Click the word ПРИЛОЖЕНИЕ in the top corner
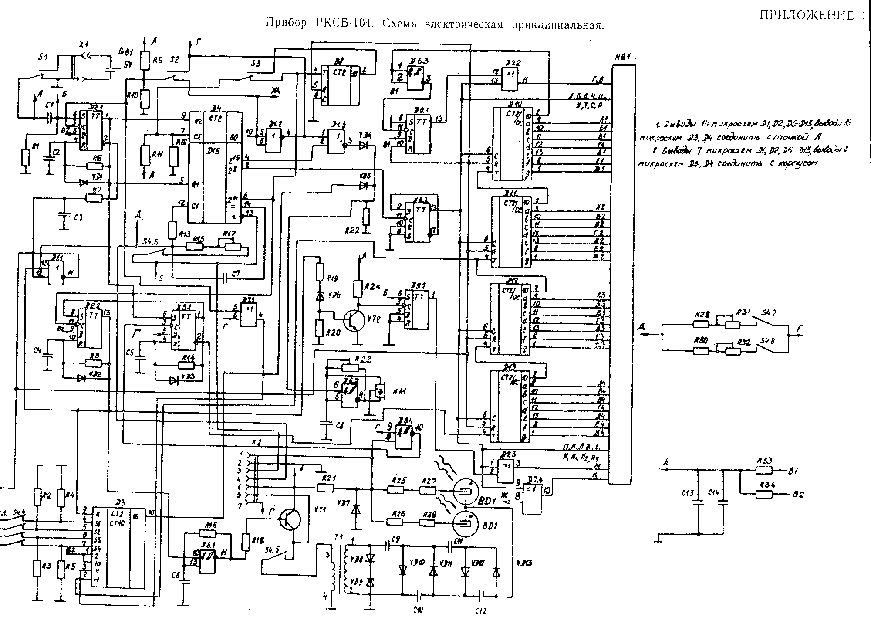[x=806, y=16]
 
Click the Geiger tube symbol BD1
[x=466, y=490]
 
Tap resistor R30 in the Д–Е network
[x=701, y=351]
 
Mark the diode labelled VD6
[x=320, y=296]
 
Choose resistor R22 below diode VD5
[x=366, y=217]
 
